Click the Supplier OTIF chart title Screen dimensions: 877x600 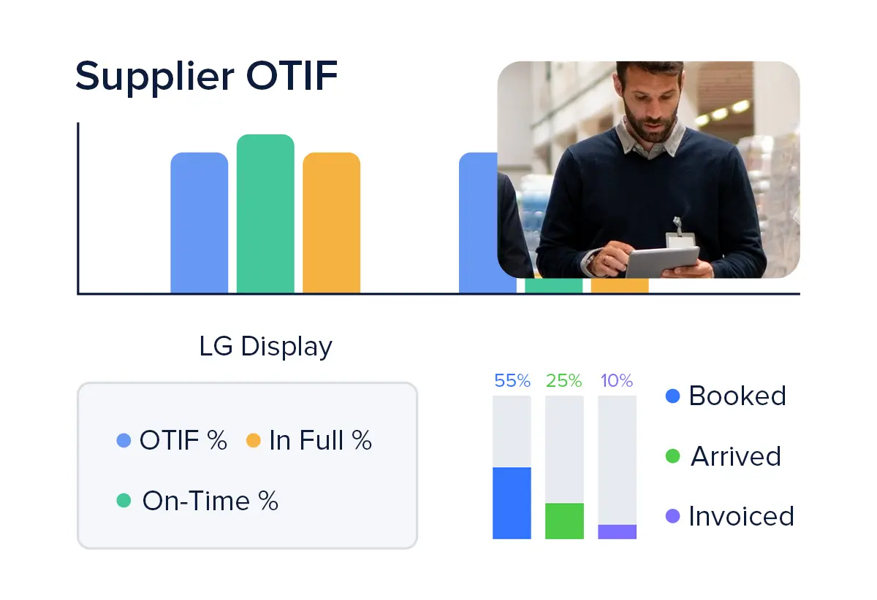click(x=206, y=77)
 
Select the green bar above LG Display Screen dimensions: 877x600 click(x=265, y=214)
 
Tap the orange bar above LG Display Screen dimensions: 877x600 click(x=331, y=223)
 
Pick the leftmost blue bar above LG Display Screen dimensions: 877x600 click(x=200, y=223)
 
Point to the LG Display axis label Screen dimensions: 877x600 click(x=266, y=347)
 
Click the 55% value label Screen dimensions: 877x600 click(x=512, y=380)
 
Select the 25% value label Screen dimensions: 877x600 click(x=563, y=380)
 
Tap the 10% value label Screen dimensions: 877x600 click(x=617, y=380)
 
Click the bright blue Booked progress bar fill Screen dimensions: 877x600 click(x=512, y=503)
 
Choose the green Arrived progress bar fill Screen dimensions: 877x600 click(x=564, y=521)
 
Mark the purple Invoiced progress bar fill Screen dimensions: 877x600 click(x=617, y=531)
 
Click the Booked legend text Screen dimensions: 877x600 click(x=737, y=396)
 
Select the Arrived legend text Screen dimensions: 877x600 click(x=736, y=456)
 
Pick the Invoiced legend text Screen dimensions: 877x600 click(x=741, y=516)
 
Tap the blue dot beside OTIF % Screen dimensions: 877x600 click(x=124, y=440)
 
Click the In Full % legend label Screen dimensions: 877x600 click(x=320, y=440)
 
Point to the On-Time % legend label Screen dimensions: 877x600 click(x=210, y=501)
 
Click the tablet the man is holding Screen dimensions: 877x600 click(x=662, y=262)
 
